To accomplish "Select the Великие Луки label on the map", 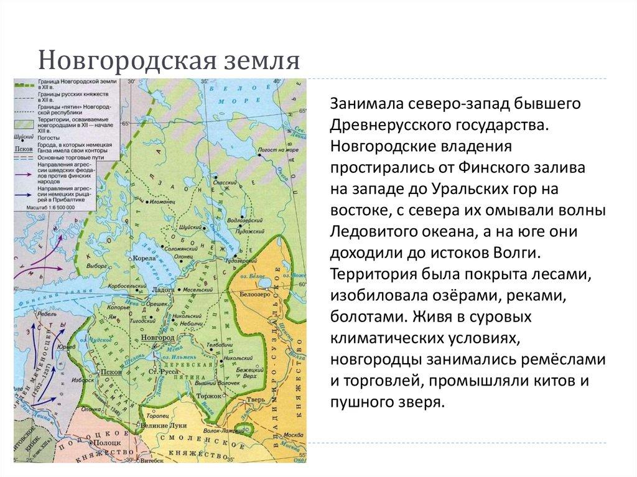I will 164,424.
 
